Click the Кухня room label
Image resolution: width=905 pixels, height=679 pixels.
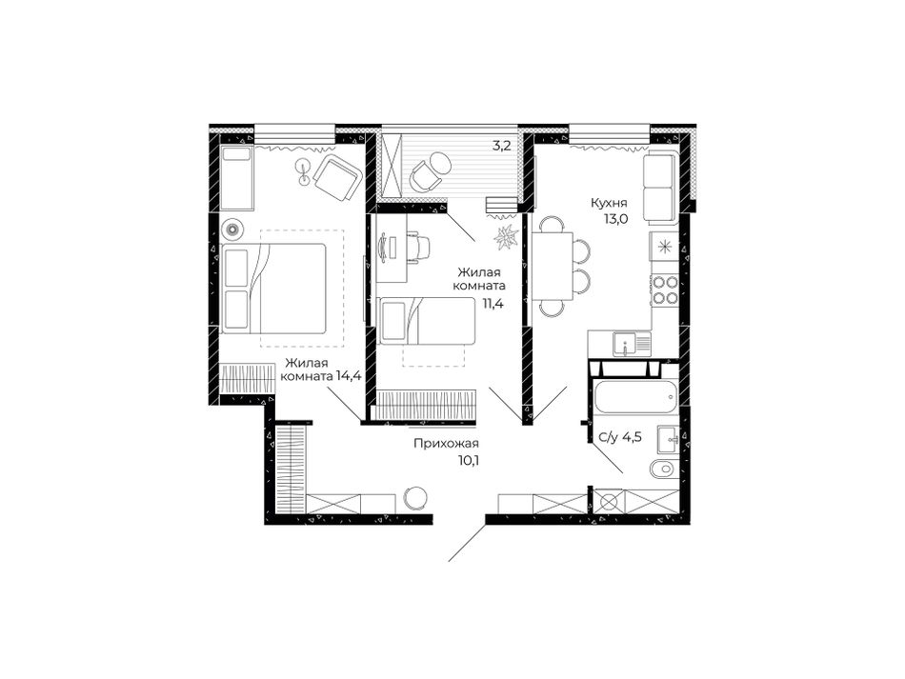coord(609,203)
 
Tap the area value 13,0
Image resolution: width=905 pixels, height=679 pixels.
coord(615,219)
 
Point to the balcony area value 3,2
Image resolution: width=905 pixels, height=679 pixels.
coord(501,146)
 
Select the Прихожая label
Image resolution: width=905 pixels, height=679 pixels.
coord(446,444)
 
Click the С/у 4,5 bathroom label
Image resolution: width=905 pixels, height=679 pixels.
coord(620,437)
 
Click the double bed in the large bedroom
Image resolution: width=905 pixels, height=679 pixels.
coord(273,289)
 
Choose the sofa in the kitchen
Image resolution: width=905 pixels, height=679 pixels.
coord(660,188)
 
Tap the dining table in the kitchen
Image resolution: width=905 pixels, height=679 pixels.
coord(553,266)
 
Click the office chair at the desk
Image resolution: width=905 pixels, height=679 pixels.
coord(419,247)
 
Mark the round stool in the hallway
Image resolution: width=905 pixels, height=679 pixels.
coord(415,497)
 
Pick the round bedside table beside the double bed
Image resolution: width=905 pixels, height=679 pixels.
coord(232,230)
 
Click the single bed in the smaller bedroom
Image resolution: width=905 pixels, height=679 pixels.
coord(426,321)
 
